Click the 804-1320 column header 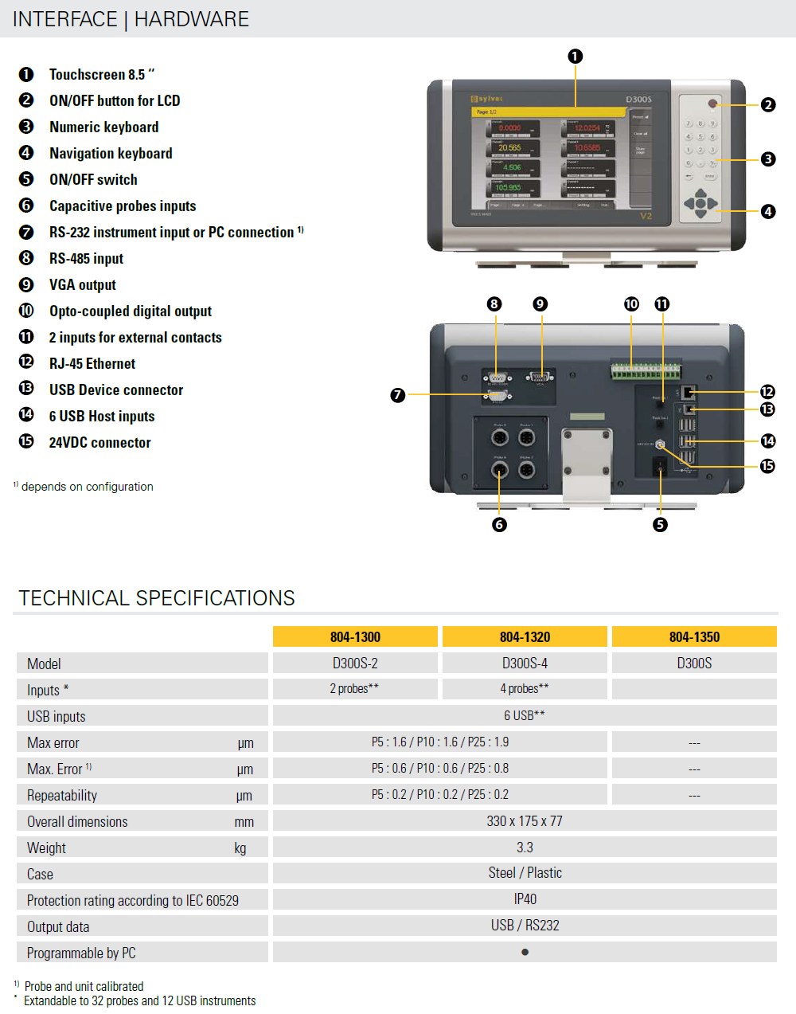[525, 636]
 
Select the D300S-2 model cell [355, 663]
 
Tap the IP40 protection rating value [525, 899]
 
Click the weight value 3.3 [525, 848]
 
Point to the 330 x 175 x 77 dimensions [525, 821]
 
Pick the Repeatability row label [62, 795]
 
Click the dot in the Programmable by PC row [525, 952]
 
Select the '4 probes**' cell [525, 689]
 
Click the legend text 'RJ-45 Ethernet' [92, 364]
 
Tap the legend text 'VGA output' [83, 285]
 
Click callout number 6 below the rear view [499, 524]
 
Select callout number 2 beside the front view [767, 104]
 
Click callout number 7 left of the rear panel [398, 395]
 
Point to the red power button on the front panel [712, 104]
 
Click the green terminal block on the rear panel [646, 371]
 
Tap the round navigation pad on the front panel [700, 203]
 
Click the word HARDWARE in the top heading [191, 19]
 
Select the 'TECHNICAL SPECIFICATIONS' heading [157, 598]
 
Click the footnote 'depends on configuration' [88, 487]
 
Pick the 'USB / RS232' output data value [525, 926]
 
